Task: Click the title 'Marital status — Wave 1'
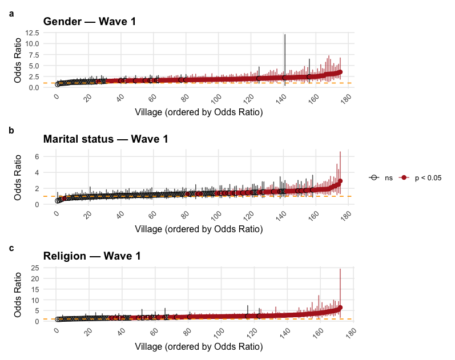pyautogui.click(x=107, y=139)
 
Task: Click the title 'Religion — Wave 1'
pyautogui.click(x=92, y=256)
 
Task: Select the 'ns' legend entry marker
pyautogui.click(x=375, y=178)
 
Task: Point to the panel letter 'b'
pyautogui.click(x=11, y=130)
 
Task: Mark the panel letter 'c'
pyautogui.click(x=11, y=248)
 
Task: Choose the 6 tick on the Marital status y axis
pyautogui.click(x=36, y=156)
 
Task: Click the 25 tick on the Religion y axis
pyautogui.click(x=34, y=268)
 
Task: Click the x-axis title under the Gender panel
pyautogui.click(x=199, y=112)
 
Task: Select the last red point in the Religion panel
pyautogui.click(x=340, y=308)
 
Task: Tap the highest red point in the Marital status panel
pyautogui.click(x=340, y=181)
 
